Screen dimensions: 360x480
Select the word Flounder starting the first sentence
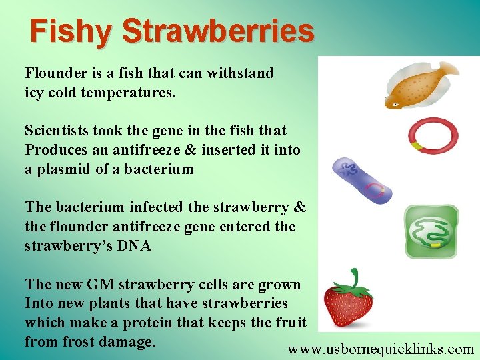click(x=53, y=73)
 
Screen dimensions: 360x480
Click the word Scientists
click(x=57, y=131)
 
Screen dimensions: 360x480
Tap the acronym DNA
click(x=135, y=247)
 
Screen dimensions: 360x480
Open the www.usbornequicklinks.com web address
click(x=381, y=349)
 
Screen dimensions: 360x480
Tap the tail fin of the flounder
click(x=448, y=69)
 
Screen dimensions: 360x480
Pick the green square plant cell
click(x=431, y=231)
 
